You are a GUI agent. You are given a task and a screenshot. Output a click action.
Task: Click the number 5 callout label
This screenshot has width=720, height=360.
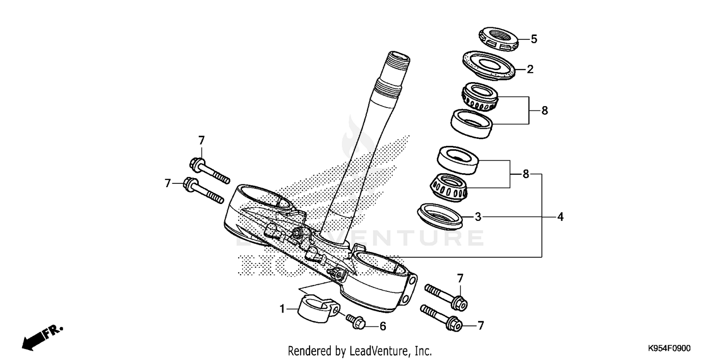pyautogui.click(x=534, y=39)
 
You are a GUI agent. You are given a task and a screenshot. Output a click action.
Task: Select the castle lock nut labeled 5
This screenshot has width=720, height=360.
pyautogui.click(x=499, y=39)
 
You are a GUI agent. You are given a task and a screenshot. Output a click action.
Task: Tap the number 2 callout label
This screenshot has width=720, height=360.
pyautogui.click(x=530, y=69)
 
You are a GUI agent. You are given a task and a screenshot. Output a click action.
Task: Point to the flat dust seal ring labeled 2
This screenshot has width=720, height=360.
pyautogui.click(x=490, y=65)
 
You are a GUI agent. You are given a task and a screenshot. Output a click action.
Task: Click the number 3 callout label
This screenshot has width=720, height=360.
pyautogui.click(x=478, y=217)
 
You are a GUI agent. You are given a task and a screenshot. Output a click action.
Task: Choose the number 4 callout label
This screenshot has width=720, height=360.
pyautogui.click(x=560, y=217)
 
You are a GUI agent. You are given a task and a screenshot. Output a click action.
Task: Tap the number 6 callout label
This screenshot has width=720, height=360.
pyautogui.click(x=383, y=326)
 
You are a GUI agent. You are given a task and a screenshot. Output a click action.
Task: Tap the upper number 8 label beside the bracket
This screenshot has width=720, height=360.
pyautogui.click(x=544, y=111)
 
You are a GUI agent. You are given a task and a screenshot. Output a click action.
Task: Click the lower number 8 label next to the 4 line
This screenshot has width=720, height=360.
pyautogui.click(x=526, y=174)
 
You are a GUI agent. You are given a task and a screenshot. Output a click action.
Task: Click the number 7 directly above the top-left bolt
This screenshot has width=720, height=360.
pyautogui.click(x=202, y=141)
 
